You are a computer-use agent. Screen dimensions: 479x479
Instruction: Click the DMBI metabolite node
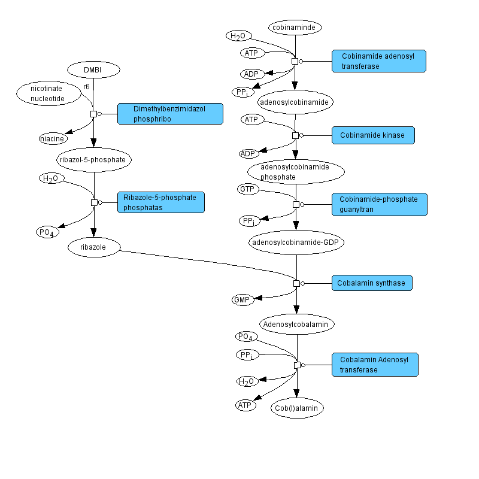(x=93, y=70)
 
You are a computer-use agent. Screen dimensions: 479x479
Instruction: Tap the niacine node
(x=52, y=139)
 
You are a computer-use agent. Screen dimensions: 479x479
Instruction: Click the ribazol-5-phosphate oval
(x=93, y=160)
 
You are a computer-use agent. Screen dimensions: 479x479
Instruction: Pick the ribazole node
(x=94, y=247)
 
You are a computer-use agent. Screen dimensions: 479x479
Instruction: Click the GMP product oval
(x=243, y=299)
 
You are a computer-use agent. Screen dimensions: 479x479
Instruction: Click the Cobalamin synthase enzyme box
(x=372, y=283)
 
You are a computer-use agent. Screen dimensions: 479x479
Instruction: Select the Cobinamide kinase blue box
(x=372, y=135)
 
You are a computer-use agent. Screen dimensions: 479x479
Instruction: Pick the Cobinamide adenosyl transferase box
(x=378, y=61)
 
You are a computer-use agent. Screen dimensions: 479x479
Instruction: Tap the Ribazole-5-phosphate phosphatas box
(x=160, y=202)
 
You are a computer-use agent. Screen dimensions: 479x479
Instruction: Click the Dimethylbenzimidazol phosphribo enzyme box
(x=170, y=114)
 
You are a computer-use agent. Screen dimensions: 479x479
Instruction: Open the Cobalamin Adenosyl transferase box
(x=375, y=365)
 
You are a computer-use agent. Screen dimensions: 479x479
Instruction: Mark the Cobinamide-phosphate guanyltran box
(x=379, y=204)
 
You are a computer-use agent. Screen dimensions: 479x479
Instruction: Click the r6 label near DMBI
(x=86, y=87)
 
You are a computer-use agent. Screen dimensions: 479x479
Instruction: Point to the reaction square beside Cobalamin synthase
(x=296, y=283)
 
